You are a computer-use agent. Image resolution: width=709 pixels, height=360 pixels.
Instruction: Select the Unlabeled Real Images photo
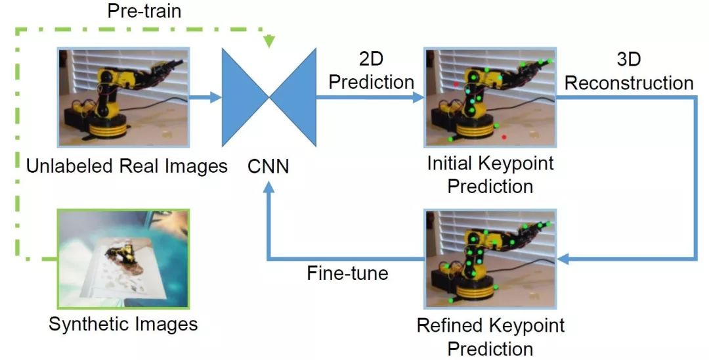pyautogui.click(x=123, y=97)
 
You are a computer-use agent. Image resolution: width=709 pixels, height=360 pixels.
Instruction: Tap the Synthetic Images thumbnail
pyautogui.click(x=123, y=258)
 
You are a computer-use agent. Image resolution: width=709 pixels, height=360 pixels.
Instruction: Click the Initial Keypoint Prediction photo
pyautogui.click(x=490, y=97)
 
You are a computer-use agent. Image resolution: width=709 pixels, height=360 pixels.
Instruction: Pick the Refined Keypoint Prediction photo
pyautogui.click(x=490, y=258)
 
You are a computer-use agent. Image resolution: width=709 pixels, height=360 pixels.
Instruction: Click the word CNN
pyautogui.click(x=269, y=166)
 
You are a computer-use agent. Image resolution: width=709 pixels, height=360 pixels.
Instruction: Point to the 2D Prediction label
pyautogui.click(x=371, y=72)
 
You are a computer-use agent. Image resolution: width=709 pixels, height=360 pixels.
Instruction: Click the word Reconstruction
pyautogui.click(x=628, y=83)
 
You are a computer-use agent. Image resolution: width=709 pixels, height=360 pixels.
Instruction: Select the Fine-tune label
pyautogui.click(x=347, y=272)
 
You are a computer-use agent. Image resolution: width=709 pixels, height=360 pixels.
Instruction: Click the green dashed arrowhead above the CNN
pyautogui.click(x=269, y=41)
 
